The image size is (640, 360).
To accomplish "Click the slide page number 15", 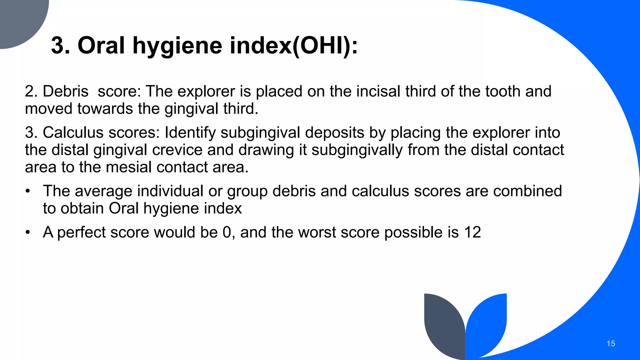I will [611, 344].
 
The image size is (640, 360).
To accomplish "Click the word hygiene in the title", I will [177, 46].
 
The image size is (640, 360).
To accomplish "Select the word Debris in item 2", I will [65, 92].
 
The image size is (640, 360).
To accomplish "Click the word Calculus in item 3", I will [73, 132].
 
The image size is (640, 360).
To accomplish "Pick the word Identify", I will [190, 132].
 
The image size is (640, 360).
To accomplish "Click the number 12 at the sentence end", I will [472, 232].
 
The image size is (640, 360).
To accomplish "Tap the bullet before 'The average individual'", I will [28, 191].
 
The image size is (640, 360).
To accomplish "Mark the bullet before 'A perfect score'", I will [28, 232].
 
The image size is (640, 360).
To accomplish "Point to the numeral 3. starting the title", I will [60, 46].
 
